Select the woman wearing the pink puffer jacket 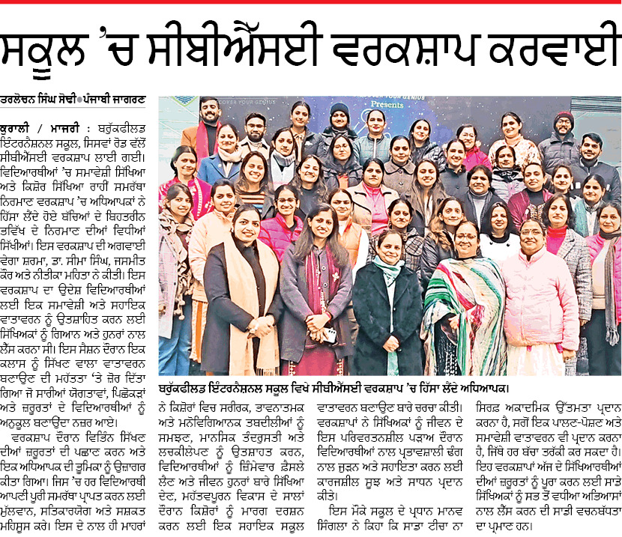pyautogui.click(x=539, y=300)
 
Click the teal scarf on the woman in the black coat pyautogui.click(x=389, y=270)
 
